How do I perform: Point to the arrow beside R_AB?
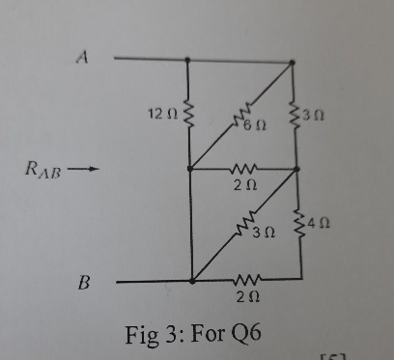tap(86, 173)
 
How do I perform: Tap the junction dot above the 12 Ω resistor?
tap(187, 59)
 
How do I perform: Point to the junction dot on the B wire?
tap(192, 281)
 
